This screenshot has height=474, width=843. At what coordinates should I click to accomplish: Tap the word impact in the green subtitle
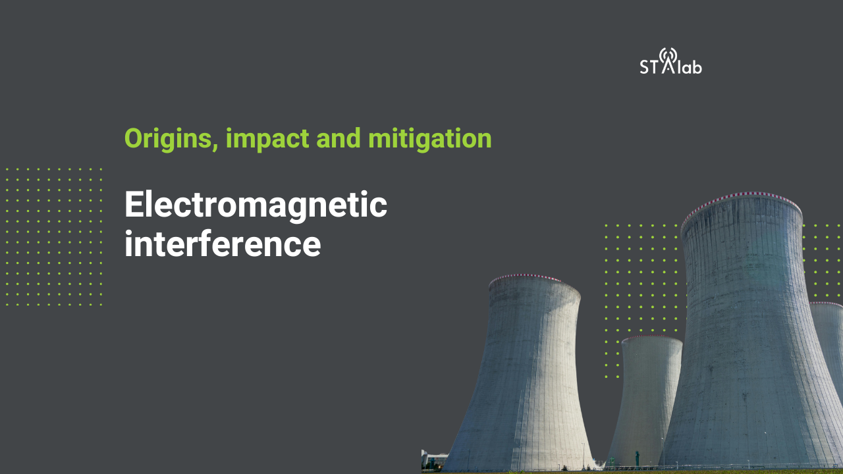[267, 139]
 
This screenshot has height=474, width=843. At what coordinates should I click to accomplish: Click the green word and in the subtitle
[339, 138]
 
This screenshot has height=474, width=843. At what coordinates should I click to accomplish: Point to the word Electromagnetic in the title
[256, 204]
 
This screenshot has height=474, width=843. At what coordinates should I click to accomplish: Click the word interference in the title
[223, 244]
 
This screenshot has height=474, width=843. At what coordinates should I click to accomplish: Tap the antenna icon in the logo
[668, 60]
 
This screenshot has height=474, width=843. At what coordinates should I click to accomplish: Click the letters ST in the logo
[649, 66]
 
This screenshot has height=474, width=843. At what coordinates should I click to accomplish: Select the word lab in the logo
[690, 66]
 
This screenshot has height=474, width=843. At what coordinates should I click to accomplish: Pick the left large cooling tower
[523, 373]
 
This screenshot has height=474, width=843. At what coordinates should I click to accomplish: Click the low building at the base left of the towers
[433, 460]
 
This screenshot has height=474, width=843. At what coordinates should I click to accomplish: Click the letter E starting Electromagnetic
[135, 204]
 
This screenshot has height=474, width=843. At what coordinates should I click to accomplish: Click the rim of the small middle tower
[652, 338]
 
